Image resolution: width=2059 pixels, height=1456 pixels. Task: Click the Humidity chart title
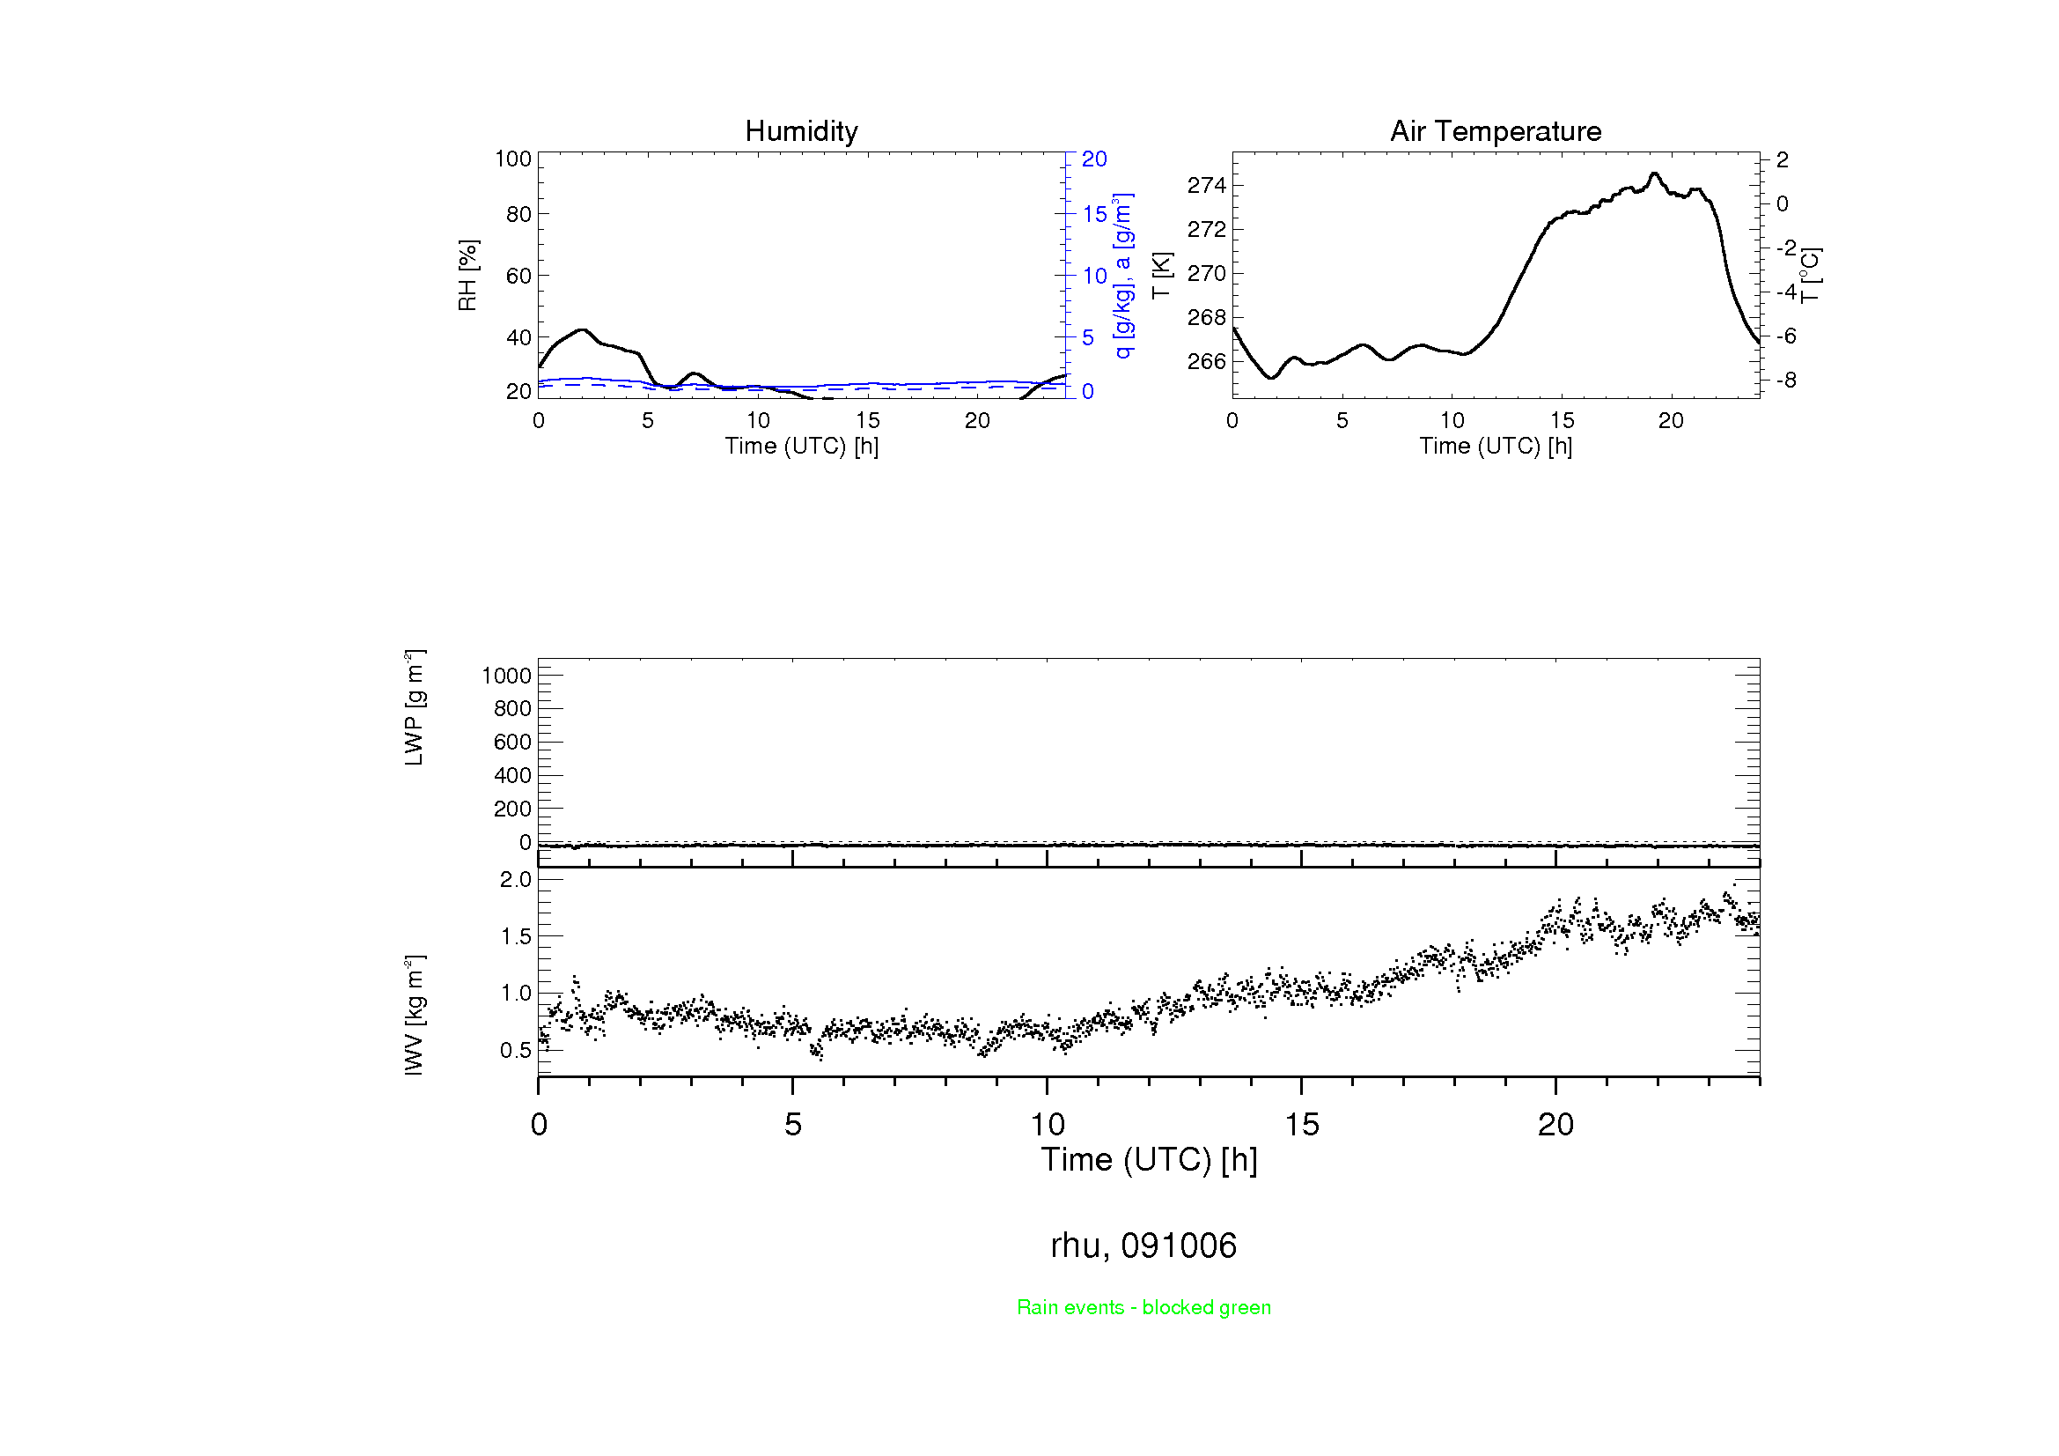(801, 131)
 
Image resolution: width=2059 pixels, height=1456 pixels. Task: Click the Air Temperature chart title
(1495, 131)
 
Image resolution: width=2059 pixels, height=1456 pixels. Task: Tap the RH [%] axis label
(467, 276)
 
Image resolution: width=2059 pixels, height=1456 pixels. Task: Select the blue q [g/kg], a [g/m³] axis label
(1122, 276)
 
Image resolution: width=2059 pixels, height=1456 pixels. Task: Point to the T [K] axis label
(1161, 276)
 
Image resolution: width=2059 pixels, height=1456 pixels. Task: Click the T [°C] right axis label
(1810, 276)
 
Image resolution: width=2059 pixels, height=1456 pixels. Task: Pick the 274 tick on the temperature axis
(1205, 186)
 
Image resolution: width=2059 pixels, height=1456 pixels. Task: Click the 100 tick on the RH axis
(513, 159)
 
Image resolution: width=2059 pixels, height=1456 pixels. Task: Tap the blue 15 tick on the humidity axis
(1094, 214)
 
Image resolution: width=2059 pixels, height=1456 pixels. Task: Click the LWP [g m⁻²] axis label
(415, 708)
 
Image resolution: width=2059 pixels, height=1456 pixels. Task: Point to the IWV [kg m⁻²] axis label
(415, 1015)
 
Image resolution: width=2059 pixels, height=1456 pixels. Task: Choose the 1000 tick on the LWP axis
(507, 676)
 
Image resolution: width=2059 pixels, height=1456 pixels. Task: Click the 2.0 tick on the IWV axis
(516, 880)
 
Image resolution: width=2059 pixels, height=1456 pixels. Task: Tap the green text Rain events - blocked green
(1143, 1307)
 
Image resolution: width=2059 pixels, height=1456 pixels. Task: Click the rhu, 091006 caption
(1143, 1245)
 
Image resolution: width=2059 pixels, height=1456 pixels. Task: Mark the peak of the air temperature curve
(1655, 174)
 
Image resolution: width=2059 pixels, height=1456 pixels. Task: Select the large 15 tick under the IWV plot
(1301, 1125)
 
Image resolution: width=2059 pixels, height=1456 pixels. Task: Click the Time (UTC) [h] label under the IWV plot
(1149, 1160)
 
